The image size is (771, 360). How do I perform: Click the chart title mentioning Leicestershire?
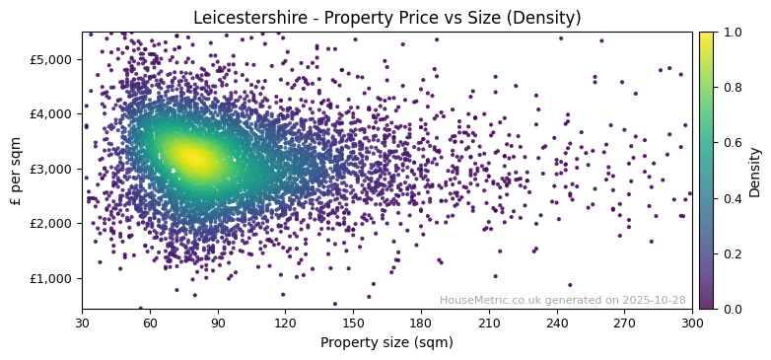pyautogui.click(x=386, y=18)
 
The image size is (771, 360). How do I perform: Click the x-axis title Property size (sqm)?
pyautogui.click(x=386, y=342)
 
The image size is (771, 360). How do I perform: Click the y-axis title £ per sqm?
pyautogui.click(x=16, y=170)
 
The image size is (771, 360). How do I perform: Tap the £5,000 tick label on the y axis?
pyautogui.click(x=51, y=59)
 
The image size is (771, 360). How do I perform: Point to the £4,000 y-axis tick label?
pyautogui.click(x=51, y=113)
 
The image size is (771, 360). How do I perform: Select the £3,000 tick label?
pyautogui.click(x=51, y=169)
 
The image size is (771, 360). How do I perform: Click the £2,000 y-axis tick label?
pyautogui.click(x=51, y=223)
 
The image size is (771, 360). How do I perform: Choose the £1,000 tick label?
pyautogui.click(x=51, y=278)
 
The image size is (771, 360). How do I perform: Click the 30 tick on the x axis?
pyautogui.click(x=82, y=323)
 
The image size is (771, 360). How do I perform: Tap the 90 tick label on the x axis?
pyautogui.click(x=218, y=323)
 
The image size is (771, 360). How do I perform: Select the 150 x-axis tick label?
pyautogui.click(x=353, y=323)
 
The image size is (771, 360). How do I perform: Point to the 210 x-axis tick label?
pyautogui.click(x=489, y=323)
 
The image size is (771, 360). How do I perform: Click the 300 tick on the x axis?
pyautogui.click(x=692, y=323)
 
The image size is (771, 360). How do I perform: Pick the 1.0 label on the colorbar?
pyautogui.click(x=732, y=33)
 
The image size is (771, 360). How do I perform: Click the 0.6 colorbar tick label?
pyautogui.click(x=732, y=143)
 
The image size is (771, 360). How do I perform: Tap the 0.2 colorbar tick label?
pyautogui.click(x=732, y=253)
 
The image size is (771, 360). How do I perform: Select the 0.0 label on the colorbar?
pyautogui.click(x=732, y=309)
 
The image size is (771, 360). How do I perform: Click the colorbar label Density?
pyautogui.click(x=755, y=170)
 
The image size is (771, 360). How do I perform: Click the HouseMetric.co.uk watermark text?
pyautogui.click(x=562, y=300)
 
